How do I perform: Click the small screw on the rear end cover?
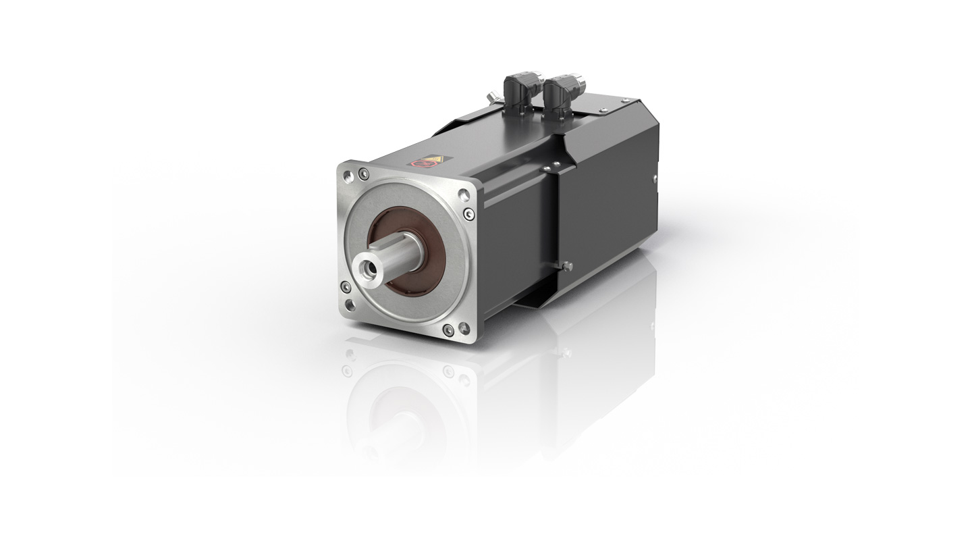(655, 179)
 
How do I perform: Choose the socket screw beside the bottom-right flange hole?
(448, 329)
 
